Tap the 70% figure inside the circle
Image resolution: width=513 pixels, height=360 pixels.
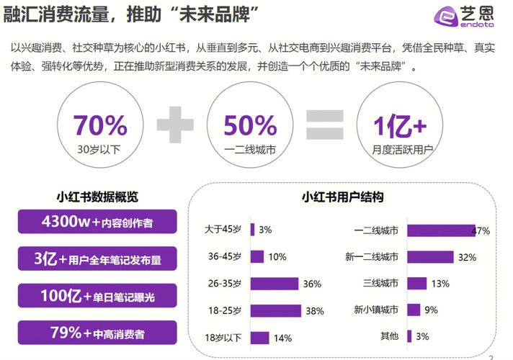[99, 126]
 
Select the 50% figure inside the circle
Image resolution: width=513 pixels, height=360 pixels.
[250, 126]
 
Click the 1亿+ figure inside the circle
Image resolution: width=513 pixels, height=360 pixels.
[400, 126]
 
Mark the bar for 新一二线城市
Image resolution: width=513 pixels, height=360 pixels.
[430, 257]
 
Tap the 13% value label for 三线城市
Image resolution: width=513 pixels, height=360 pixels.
[440, 284]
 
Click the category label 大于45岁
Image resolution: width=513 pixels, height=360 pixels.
[223, 230]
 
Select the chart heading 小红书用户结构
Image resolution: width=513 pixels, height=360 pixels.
[342, 197]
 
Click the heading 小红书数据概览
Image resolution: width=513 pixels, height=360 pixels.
[97, 197]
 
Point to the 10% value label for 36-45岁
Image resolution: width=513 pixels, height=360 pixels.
[277, 257]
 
